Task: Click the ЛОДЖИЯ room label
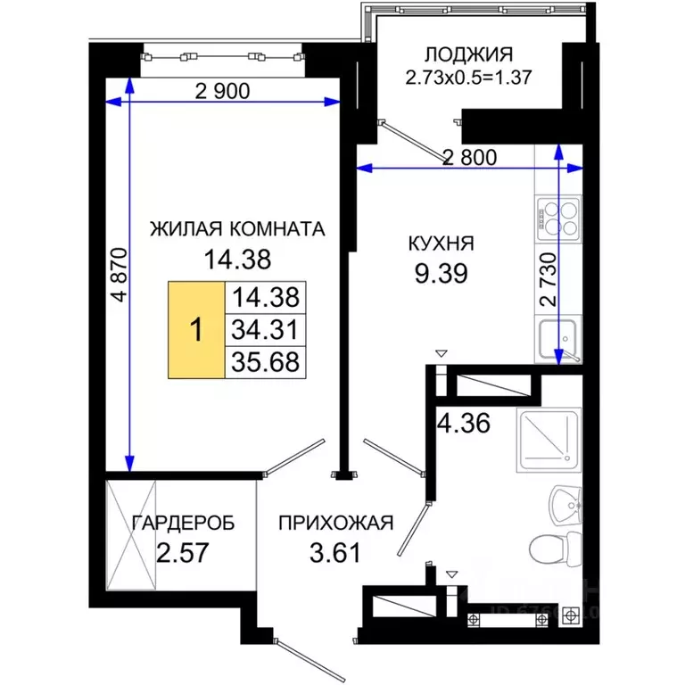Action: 456,54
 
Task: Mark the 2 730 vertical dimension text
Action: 549,282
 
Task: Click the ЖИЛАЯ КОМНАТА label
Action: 236,228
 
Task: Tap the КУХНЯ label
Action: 441,243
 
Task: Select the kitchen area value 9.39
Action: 441,271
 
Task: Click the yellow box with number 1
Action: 196,329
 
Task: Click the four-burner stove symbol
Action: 558,218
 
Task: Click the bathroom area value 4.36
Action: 463,422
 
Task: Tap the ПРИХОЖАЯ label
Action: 335,524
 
